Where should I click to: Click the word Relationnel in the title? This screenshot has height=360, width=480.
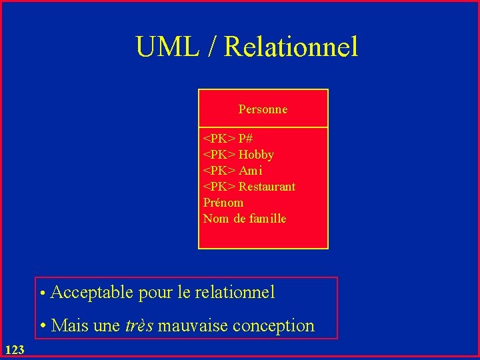[x=291, y=47]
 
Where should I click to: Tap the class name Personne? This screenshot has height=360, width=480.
[x=263, y=109]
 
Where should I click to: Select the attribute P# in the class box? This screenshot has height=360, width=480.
[x=245, y=139]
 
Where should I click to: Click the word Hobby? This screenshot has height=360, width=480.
[x=256, y=155]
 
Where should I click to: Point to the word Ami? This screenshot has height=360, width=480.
[x=251, y=171]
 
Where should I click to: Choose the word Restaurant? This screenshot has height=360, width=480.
[x=267, y=187]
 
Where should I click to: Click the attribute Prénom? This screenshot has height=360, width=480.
[x=223, y=203]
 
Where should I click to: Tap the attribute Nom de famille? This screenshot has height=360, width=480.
[x=244, y=219]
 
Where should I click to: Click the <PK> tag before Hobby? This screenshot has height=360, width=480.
[x=219, y=155]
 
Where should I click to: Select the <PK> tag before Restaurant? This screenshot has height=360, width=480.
[x=219, y=187]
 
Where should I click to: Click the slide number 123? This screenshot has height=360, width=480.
[x=14, y=349]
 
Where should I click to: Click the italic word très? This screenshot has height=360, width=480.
[x=139, y=326]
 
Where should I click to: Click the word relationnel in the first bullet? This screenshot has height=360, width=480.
[x=236, y=292]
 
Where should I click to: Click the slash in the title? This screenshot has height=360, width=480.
[x=213, y=47]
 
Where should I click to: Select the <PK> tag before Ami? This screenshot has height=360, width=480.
[x=219, y=171]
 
